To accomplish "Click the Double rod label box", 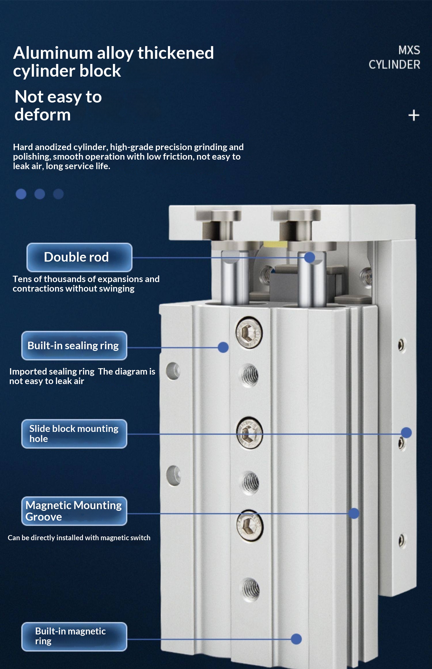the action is pos(79,257).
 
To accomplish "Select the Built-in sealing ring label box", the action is pos(74,345).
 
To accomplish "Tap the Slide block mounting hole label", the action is pos(74,434).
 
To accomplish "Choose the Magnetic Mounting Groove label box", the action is pos(74,511).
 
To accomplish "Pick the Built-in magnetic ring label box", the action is pos(74,636).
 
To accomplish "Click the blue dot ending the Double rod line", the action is pos(310,257).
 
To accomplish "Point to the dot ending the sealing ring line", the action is pos(223,347).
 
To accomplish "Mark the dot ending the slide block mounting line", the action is pos(406,432).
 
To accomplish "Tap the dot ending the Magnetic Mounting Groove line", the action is pos(354,513).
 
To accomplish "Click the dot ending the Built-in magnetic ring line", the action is pos(296,639).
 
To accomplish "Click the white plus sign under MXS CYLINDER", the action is pos(414,116).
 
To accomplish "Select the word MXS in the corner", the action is pos(409,50).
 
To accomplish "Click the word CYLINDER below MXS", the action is pos(395,65).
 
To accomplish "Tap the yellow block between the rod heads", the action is pos(275,244).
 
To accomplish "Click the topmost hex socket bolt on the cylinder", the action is pos(249,333).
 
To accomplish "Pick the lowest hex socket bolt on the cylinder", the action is pos(250,526).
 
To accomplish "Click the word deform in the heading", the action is pos(43,115).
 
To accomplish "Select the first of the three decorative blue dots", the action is pos(21,194).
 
